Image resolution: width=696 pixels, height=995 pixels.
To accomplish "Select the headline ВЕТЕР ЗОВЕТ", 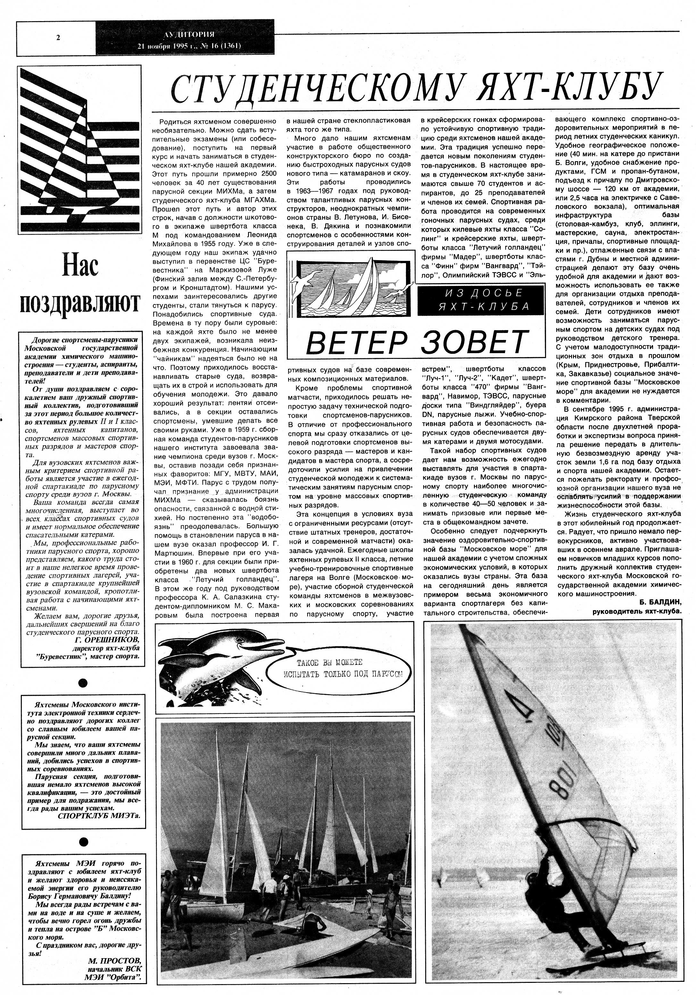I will click(x=416, y=342).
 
